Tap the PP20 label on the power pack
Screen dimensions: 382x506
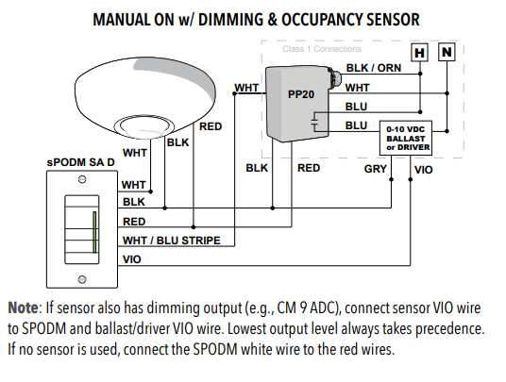[300, 95]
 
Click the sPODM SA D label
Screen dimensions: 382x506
[82, 162]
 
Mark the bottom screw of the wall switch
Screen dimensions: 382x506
[82, 279]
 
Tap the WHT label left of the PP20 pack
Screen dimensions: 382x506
[246, 88]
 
